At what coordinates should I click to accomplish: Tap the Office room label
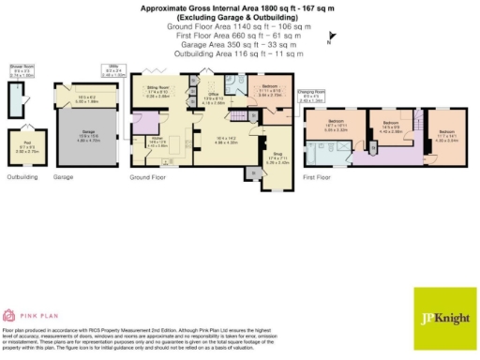pos(214,99)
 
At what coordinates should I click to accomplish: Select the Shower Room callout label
pos(22,70)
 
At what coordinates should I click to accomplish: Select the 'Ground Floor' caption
pos(147,176)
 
